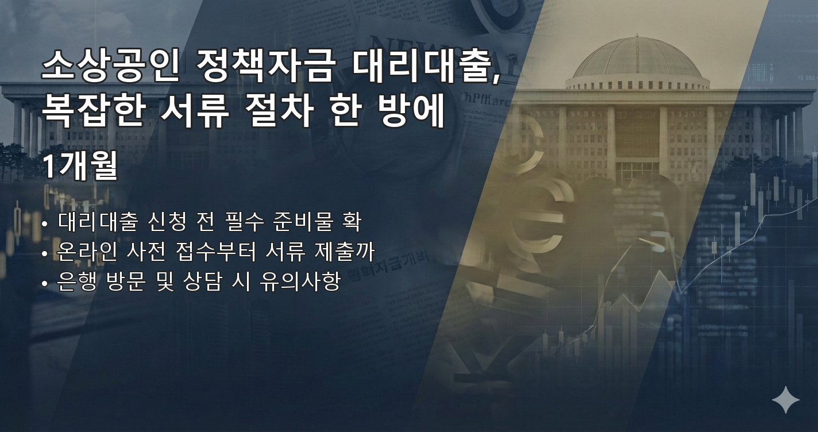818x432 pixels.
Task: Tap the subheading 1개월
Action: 80,167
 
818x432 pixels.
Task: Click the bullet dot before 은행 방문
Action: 45,283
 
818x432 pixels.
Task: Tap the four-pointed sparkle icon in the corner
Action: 785,400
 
